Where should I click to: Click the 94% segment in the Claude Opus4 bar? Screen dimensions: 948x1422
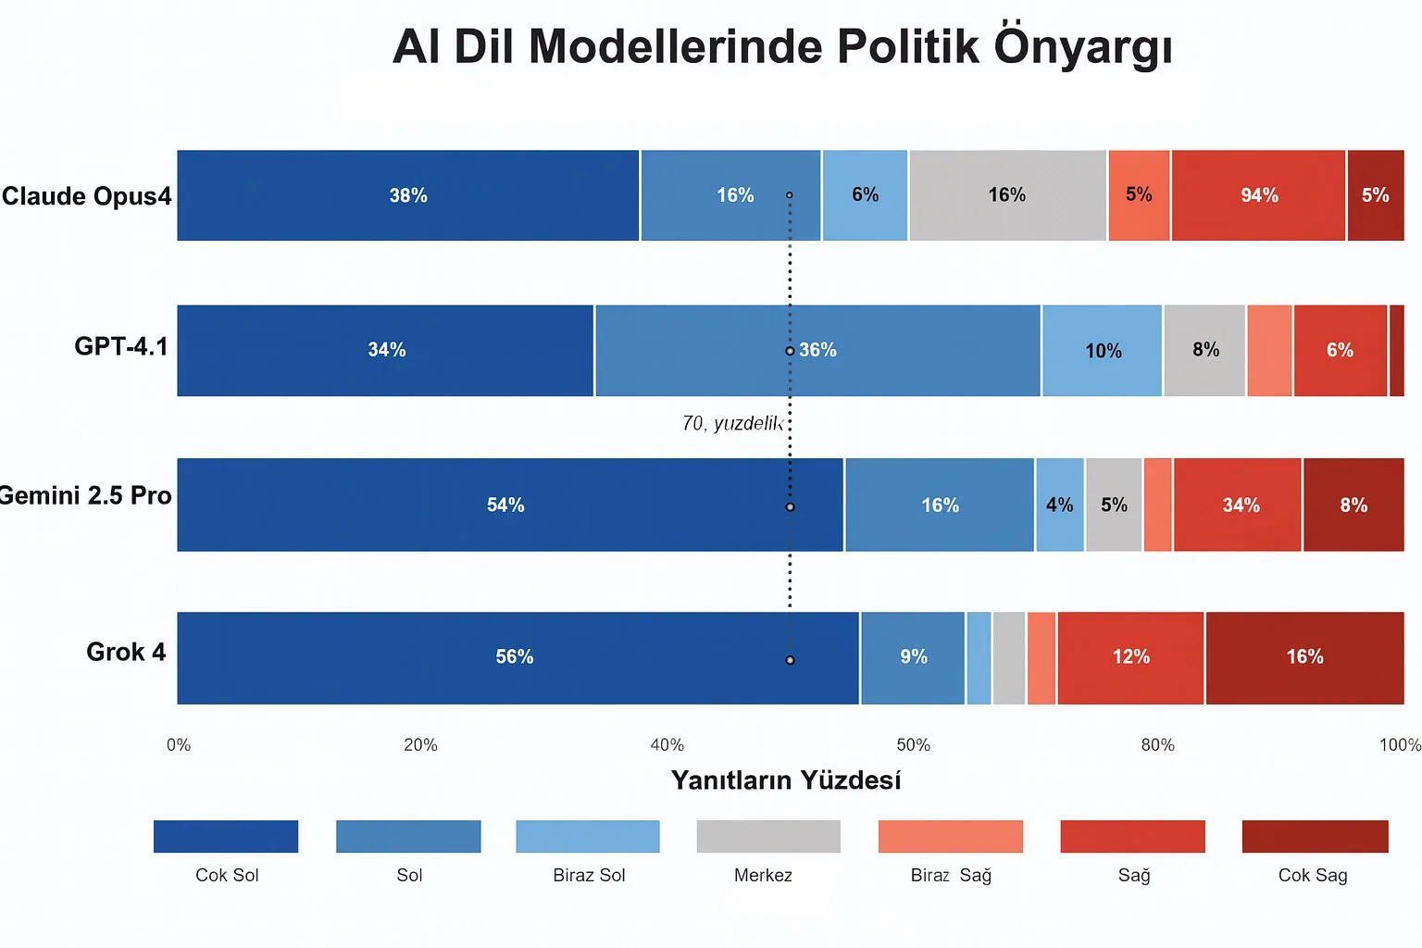point(1258,195)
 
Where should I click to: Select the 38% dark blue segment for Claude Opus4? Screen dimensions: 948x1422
point(408,195)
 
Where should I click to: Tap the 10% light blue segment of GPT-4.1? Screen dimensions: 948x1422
point(1102,351)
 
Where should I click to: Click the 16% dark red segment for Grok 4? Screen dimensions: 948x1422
point(1304,657)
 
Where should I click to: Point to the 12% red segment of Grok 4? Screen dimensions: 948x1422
point(1130,657)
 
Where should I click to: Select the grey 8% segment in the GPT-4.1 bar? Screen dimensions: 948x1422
point(1204,350)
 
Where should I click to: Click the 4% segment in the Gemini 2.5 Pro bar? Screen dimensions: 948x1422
point(1060,505)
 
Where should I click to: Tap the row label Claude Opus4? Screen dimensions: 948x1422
point(86,196)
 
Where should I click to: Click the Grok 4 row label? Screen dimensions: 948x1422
point(126,652)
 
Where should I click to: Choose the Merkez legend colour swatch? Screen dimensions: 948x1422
point(768,836)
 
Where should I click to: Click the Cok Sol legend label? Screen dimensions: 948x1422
point(227,875)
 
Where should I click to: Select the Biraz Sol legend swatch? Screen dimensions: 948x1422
point(588,836)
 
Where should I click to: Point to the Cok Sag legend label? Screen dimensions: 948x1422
point(1313,875)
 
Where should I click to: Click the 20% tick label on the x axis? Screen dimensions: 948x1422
point(420,745)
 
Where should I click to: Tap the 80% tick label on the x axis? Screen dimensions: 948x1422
point(1157,745)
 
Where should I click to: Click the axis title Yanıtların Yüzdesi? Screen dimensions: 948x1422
point(786,780)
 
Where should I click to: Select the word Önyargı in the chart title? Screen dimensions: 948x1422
point(1083,46)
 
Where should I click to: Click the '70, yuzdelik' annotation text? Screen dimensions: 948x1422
point(732,423)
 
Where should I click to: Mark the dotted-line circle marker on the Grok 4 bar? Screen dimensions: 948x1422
point(790,660)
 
